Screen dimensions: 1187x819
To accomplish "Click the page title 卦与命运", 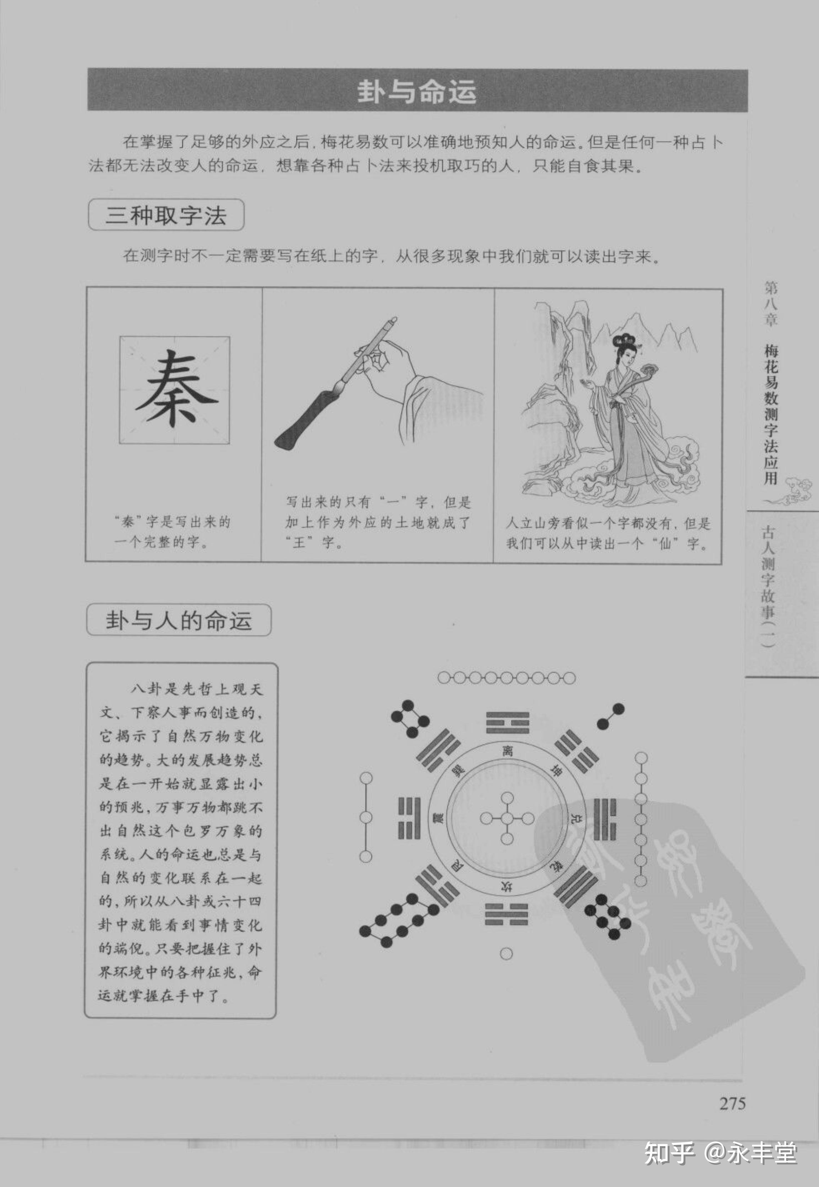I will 417,91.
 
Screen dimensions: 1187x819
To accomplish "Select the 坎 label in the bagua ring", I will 507,886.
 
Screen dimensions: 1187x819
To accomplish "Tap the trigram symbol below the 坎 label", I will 507,915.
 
